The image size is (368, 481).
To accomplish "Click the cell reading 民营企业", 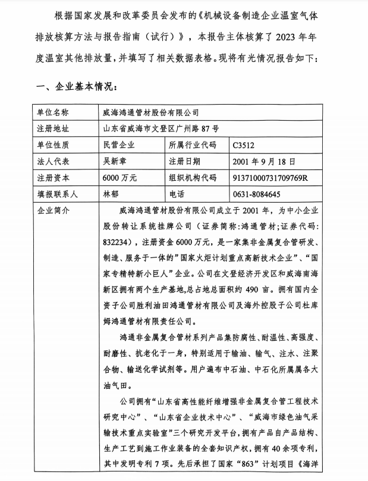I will pyautogui.click(x=119, y=145).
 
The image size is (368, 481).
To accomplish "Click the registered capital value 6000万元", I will pyautogui.click(x=119, y=178).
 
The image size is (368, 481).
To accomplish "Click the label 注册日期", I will pyautogui.click(x=185, y=161).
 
